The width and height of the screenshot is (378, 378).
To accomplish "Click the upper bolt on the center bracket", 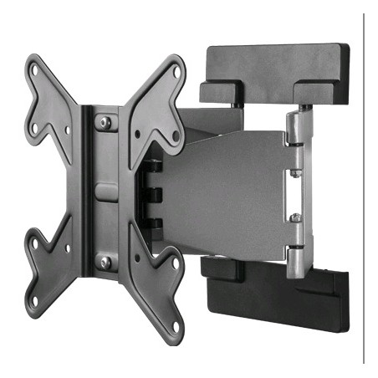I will tap(105, 122).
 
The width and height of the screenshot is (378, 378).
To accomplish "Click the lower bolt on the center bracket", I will tap(105, 261).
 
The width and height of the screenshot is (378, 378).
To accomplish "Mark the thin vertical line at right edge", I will tap(365, 188).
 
